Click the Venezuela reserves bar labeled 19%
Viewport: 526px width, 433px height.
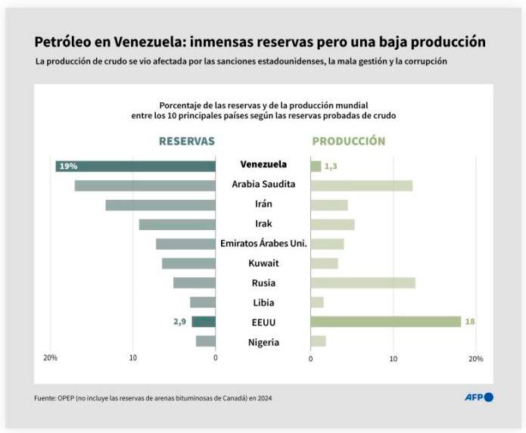(135, 166)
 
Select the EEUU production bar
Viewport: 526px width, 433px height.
(385, 322)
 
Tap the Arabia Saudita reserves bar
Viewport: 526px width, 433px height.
(145, 185)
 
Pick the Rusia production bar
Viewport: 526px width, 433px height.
(363, 283)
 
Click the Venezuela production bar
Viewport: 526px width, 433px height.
(316, 166)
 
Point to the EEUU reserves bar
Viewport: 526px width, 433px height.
(204, 322)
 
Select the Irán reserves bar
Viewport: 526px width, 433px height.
(160, 205)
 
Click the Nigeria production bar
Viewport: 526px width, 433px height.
(318, 341)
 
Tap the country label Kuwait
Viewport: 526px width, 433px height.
(263, 263)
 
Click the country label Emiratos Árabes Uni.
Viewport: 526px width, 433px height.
(263, 244)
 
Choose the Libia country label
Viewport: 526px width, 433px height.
(263, 303)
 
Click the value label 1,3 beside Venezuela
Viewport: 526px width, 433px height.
(331, 166)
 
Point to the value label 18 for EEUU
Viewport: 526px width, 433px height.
(469, 322)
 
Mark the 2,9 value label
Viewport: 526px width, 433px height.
(179, 322)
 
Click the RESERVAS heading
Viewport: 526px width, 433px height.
(186, 141)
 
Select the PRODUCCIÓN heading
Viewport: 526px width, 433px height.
(348, 141)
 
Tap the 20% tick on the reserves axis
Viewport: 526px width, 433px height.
(51, 358)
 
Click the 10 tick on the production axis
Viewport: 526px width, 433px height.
(393, 358)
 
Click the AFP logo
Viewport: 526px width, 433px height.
(478, 397)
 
